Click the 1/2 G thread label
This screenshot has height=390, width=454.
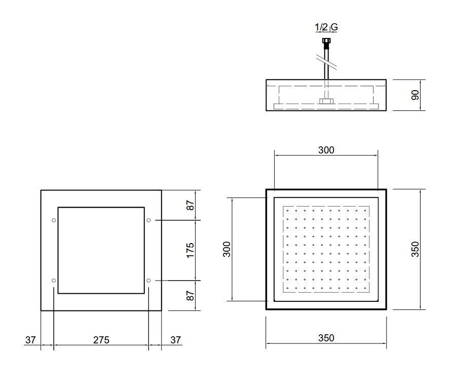point(326,27)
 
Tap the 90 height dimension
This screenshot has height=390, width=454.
point(415,95)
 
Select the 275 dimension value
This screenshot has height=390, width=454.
point(101,340)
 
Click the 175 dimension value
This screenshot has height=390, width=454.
point(190,250)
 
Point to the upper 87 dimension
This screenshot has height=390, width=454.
point(190,206)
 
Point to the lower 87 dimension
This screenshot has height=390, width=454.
point(190,296)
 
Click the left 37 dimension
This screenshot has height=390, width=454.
point(30,340)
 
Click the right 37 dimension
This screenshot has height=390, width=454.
point(175,340)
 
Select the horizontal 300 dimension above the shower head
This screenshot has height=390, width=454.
point(326,150)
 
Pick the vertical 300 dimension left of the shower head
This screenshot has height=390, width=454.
point(226,249)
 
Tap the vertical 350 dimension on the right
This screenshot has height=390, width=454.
point(415,249)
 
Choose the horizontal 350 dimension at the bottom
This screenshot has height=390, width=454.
point(326,338)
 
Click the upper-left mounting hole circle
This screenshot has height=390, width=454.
point(54,220)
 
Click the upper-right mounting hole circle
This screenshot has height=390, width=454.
point(148,220)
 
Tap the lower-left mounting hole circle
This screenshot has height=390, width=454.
point(54,281)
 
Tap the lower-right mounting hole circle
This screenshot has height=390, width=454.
point(148,281)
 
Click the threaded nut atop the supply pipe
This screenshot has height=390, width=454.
point(326,41)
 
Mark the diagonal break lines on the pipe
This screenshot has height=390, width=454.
point(326,62)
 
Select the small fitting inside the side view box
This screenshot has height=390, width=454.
point(326,101)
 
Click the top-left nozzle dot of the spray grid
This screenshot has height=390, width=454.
point(287,211)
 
